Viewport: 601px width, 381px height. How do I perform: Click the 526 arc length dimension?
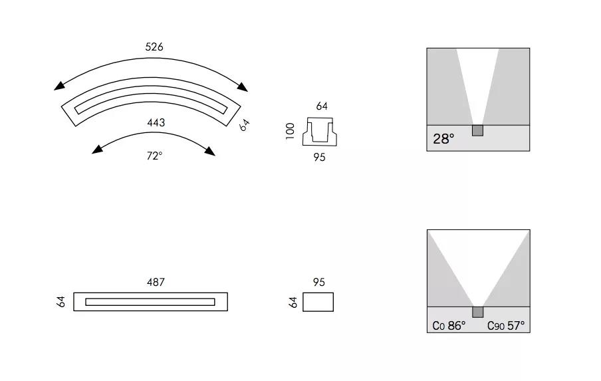154,47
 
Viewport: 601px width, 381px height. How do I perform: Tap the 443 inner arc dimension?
156,122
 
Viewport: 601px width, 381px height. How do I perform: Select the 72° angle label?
154,156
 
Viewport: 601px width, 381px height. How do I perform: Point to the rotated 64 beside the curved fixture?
244,125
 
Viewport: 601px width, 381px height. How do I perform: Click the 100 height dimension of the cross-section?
290,131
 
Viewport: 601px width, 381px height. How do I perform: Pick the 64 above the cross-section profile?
322,106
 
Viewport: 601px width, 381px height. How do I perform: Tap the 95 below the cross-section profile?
319,157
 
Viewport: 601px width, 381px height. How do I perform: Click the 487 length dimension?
156,283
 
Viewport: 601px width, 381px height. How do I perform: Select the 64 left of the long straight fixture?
60,302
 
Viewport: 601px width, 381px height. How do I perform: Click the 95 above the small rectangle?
318,283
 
